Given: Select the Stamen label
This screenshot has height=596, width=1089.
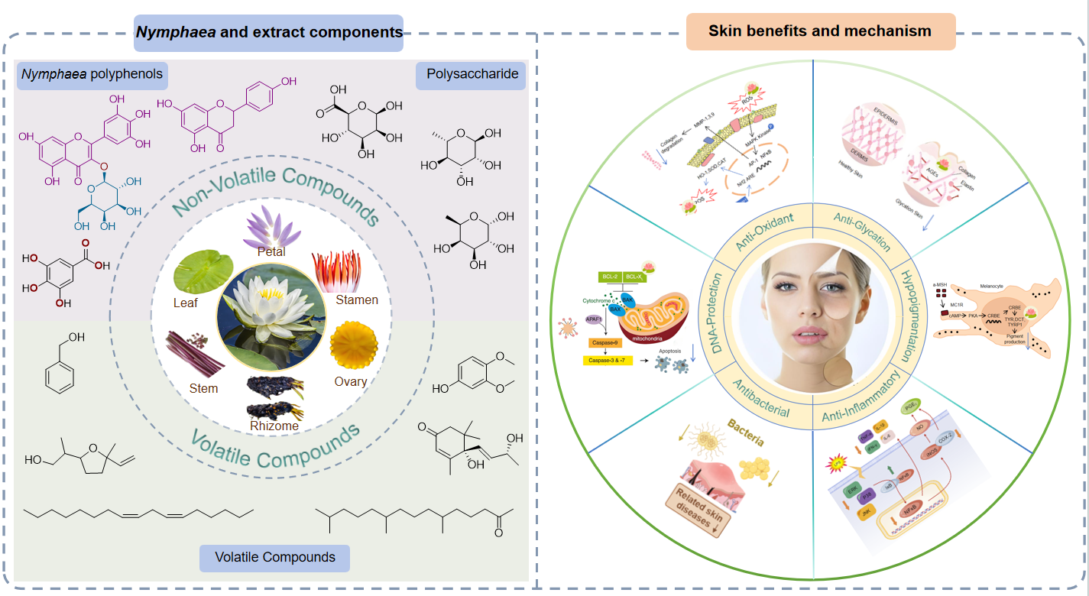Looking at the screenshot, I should [x=357, y=300].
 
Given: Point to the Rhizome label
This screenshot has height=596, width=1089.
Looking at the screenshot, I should [x=274, y=426].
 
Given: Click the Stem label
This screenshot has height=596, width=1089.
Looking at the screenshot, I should [x=203, y=388].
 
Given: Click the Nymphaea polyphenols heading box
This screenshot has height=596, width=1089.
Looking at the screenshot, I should [x=92, y=74].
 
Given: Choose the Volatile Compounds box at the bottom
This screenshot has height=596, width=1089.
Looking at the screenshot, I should [x=274, y=557].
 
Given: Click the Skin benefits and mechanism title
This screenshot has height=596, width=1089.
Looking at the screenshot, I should [x=820, y=31].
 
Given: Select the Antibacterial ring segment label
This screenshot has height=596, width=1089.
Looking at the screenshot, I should [x=763, y=398].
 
